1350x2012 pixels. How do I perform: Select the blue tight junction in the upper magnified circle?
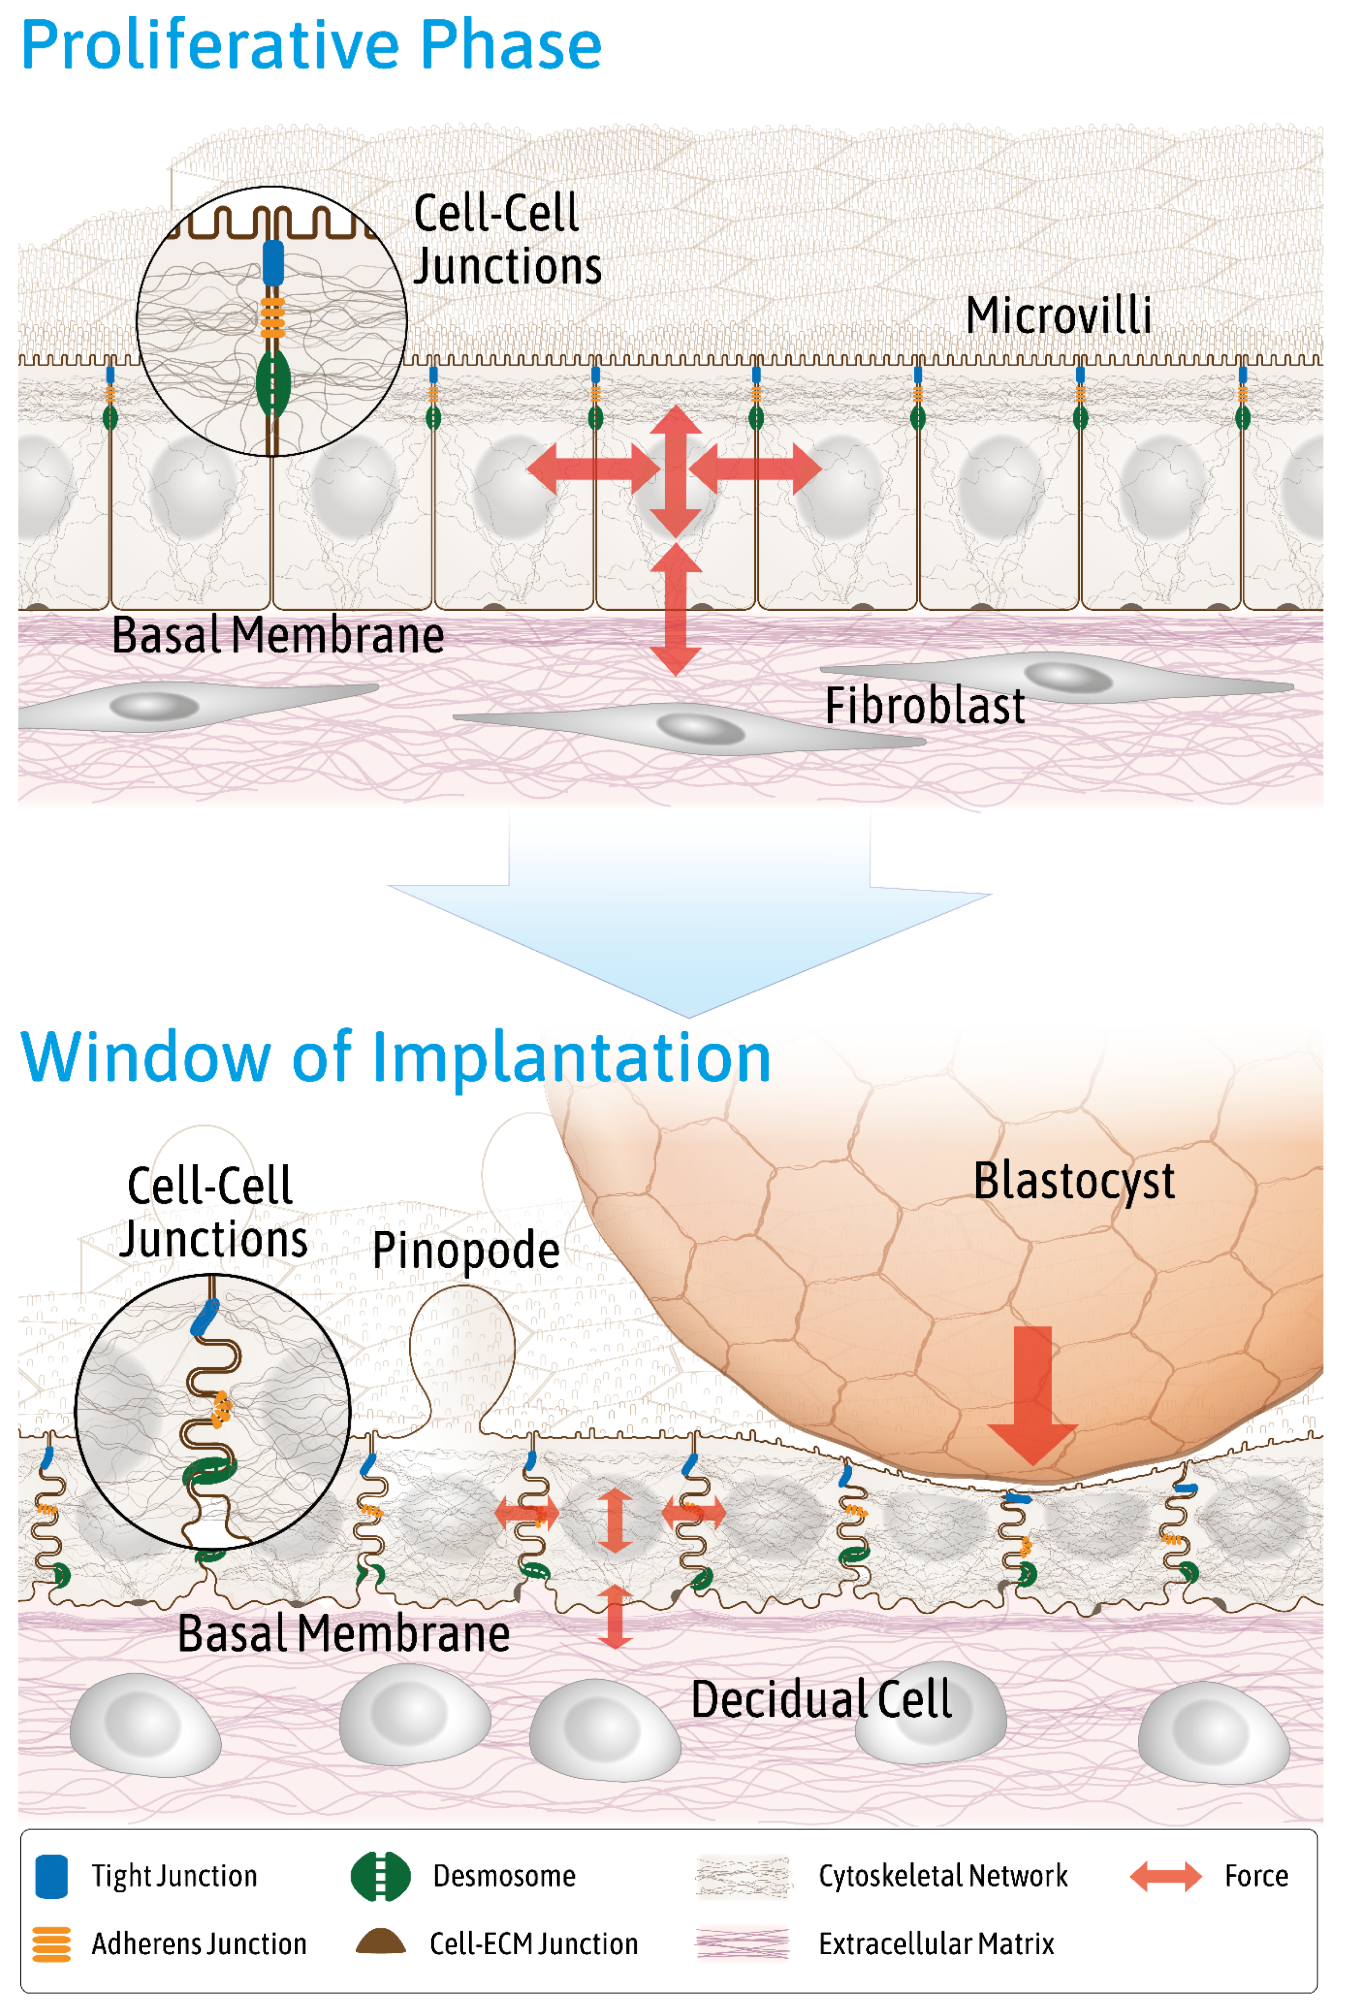click(x=273, y=263)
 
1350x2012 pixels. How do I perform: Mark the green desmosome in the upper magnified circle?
click(x=273, y=383)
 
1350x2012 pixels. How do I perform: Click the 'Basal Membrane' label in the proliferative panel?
click(x=278, y=636)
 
